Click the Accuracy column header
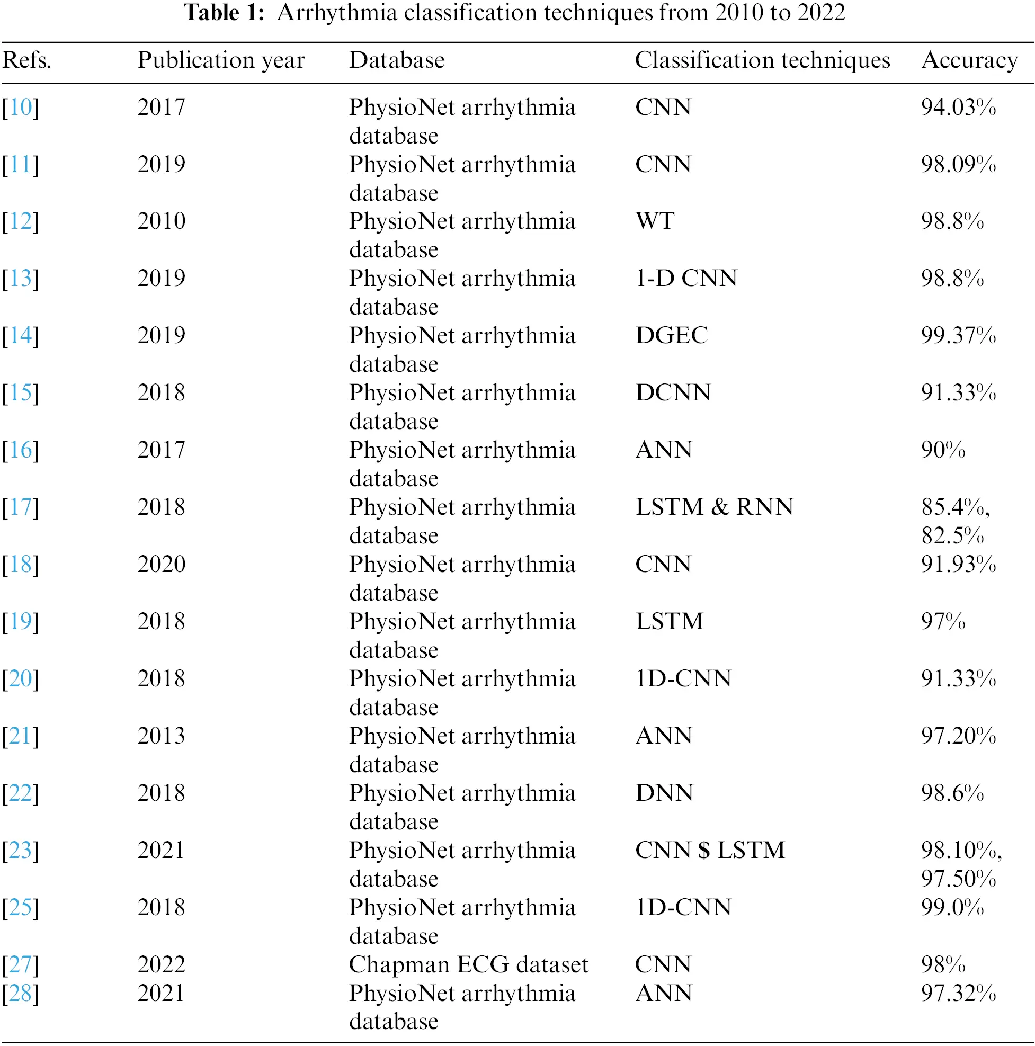click(x=969, y=60)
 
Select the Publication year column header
click(x=221, y=60)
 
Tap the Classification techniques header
click(x=762, y=60)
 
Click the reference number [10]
click(x=21, y=107)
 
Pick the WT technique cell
click(x=655, y=221)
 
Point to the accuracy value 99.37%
click(x=958, y=336)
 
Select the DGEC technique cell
click(x=671, y=336)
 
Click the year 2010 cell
click(x=162, y=221)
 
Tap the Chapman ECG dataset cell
click(x=468, y=964)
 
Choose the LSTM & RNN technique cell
click(x=714, y=507)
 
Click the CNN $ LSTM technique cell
click(x=709, y=850)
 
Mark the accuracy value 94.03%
click(x=958, y=107)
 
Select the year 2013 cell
click(x=162, y=736)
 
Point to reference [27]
click(x=21, y=964)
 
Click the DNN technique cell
click(x=664, y=793)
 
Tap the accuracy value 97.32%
click(x=958, y=993)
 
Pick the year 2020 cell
click(x=162, y=564)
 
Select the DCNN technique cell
click(x=673, y=392)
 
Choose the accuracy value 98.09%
click(x=958, y=164)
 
